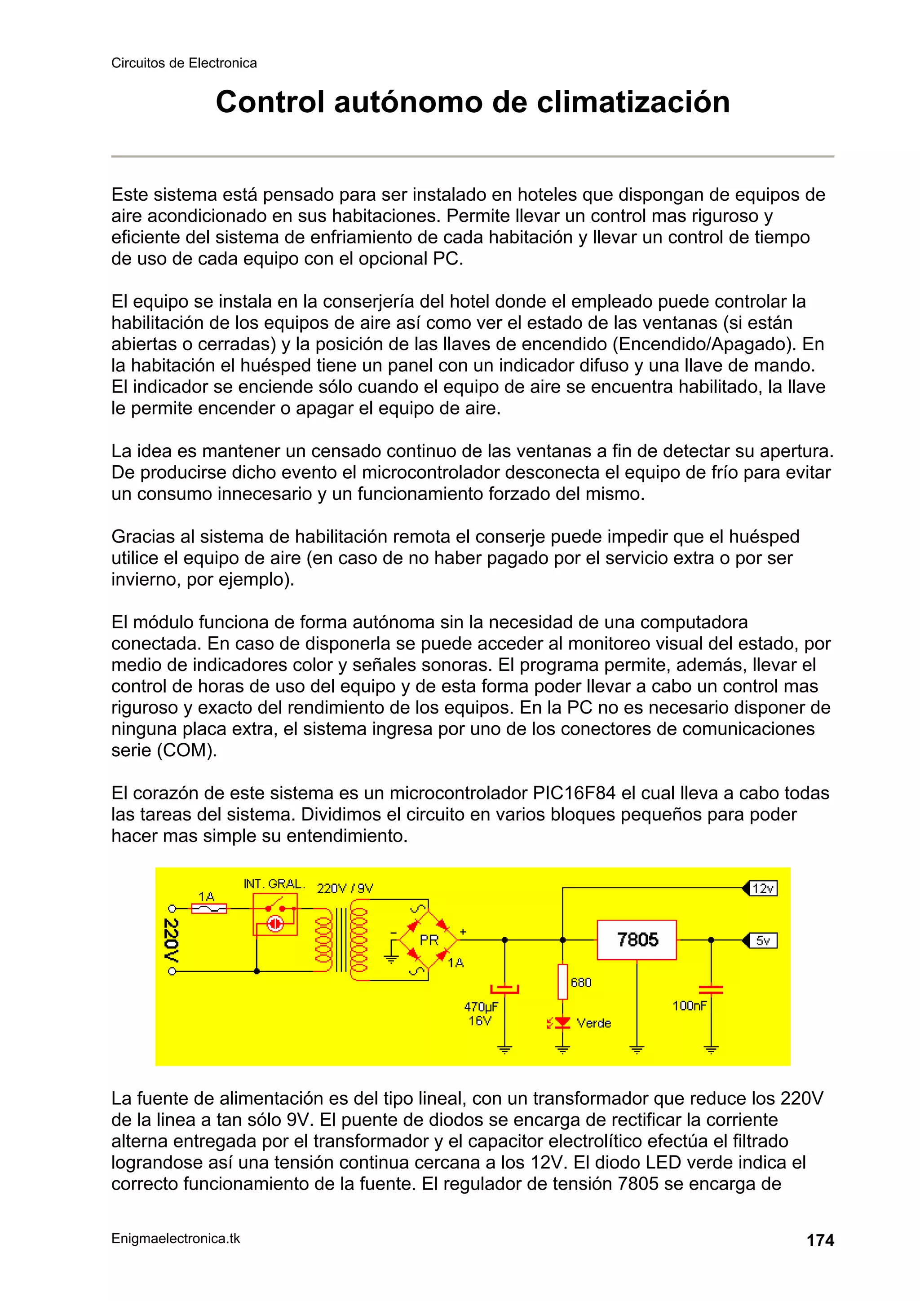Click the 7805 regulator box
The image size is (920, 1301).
click(637, 939)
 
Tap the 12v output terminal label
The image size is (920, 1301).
click(763, 888)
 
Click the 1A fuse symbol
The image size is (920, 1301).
click(209, 909)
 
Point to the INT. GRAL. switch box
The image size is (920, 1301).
click(275, 914)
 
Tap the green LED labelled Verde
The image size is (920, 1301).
click(562, 1023)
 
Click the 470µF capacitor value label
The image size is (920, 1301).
click(481, 1007)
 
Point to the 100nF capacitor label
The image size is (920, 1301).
click(689, 1006)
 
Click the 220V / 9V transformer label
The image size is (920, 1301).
click(345, 888)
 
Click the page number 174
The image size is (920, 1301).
click(820, 1240)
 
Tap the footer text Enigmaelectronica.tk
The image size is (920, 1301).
click(176, 1239)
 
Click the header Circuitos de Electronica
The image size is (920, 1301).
click(184, 63)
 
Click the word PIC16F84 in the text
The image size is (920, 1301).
click(574, 793)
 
